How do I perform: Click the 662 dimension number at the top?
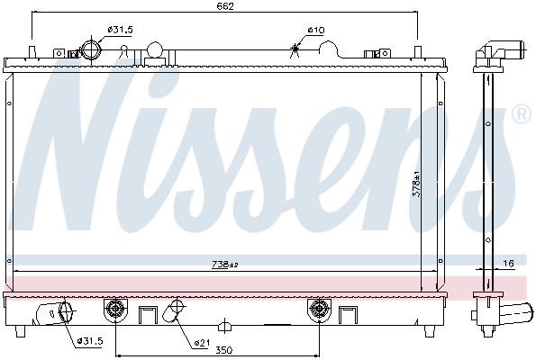[x=224, y=8]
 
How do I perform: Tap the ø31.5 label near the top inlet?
[x=120, y=30]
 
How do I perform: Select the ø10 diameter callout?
[x=315, y=30]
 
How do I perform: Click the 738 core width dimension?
[x=224, y=264]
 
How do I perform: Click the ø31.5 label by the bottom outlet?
[x=92, y=340]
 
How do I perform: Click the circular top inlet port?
[x=93, y=49]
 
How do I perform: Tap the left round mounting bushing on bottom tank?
[x=114, y=310]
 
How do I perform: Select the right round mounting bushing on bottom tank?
[x=319, y=310]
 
